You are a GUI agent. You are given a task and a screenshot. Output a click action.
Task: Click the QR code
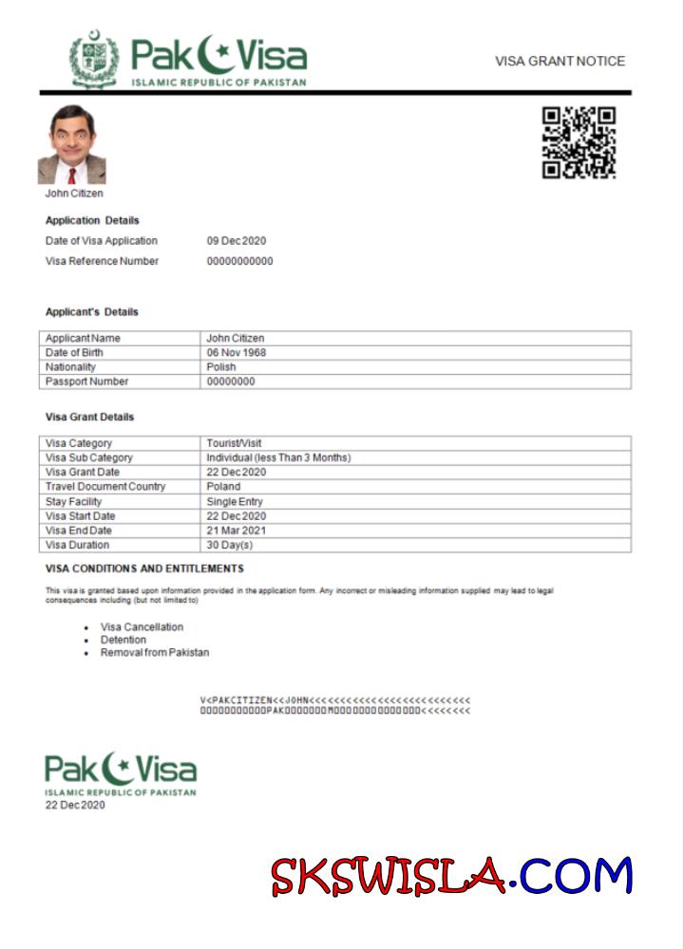(579, 142)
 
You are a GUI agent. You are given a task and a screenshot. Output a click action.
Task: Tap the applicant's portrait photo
(71, 145)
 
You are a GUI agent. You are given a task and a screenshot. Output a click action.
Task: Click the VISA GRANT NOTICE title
(560, 61)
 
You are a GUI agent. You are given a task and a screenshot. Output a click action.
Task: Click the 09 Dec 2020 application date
(237, 241)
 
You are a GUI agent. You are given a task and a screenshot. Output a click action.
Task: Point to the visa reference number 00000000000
(239, 261)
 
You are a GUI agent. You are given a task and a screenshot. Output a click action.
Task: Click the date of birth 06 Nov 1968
(236, 353)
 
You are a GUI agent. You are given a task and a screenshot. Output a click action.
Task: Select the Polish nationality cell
(220, 367)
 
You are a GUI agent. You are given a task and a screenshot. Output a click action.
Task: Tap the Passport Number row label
(86, 381)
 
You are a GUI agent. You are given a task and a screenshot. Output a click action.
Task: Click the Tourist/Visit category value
(234, 443)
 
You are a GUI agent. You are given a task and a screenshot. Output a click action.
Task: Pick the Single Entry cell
(235, 501)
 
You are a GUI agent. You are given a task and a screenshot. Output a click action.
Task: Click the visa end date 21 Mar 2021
(236, 530)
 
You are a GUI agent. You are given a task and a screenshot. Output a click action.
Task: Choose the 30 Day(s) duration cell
(230, 546)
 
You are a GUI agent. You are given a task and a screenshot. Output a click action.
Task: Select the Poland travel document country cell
(223, 487)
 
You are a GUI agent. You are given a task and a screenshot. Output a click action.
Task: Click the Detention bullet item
(123, 640)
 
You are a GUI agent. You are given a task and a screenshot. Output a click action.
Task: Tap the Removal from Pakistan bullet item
(155, 653)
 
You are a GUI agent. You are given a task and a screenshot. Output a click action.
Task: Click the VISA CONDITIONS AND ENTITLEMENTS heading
(144, 568)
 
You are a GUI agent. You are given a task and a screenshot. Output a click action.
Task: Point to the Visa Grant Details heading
(89, 417)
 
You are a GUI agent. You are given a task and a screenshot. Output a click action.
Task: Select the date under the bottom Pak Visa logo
(75, 806)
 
